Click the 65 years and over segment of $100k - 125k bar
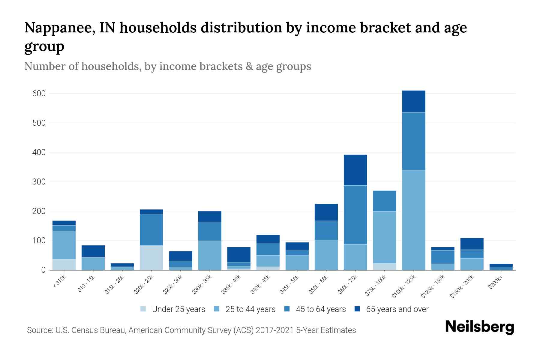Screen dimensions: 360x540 (x=413, y=101)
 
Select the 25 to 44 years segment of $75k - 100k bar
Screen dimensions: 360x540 (x=384, y=237)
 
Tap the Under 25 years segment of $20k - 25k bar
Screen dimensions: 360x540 (x=151, y=258)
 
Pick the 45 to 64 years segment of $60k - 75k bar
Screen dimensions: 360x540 (x=355, y=215)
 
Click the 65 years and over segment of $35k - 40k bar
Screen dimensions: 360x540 (x=239, y=255)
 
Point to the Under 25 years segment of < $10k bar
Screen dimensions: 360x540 (x=64, y=265)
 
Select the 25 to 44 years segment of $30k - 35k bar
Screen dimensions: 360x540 (x=210, y=255)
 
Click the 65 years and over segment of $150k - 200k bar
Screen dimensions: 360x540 (x=472, y=244)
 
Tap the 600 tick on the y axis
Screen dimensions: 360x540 (x=39, y=94)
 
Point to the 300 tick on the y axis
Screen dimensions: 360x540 (x=39, y=182)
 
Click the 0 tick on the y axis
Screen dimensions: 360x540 (x=43, y=270)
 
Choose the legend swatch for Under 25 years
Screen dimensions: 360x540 (x=143, y=309)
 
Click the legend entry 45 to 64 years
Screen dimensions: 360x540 (x=320, y=309)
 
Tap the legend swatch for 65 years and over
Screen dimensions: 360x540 (x=357, y=309)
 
